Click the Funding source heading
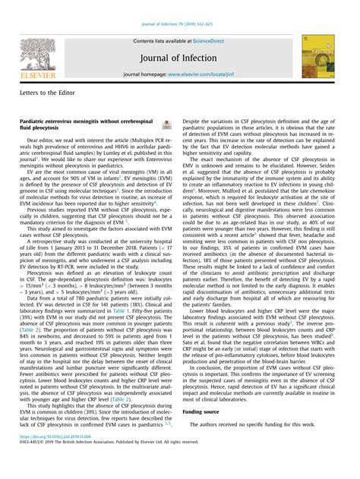[204, 411]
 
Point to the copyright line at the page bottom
[114, 463]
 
